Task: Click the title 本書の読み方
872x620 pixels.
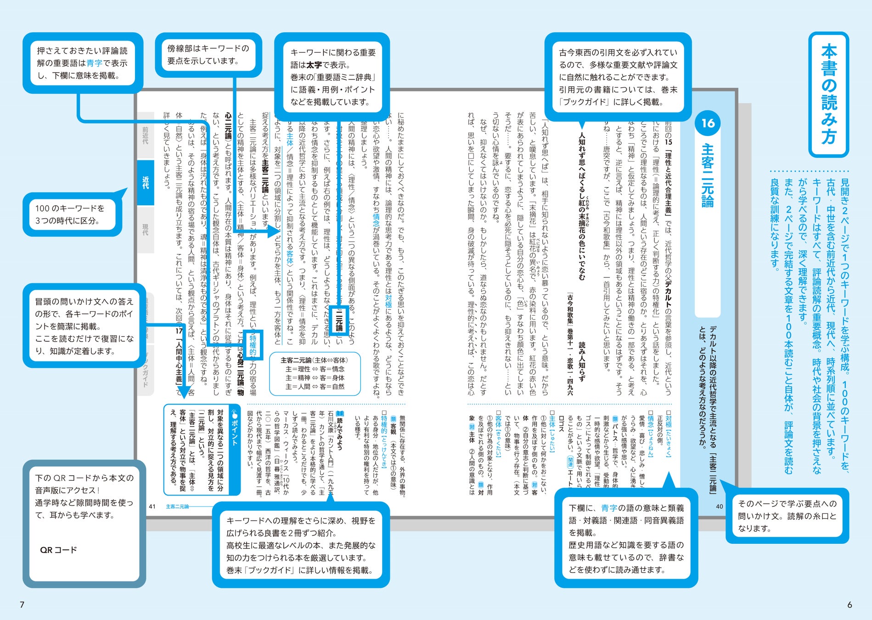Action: coord(828,95)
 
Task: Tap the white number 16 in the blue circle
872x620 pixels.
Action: coord(708,123)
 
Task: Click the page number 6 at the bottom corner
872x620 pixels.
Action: coord(849,605)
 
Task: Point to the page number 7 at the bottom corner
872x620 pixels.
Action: coord(22,605)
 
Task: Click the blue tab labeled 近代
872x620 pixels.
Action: coord(146,182)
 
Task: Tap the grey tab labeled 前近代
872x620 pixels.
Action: coord(146,135)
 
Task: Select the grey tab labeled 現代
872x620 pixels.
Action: coord(146,229)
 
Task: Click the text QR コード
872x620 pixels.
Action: coord(58,550)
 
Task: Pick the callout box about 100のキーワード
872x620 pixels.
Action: coord(72,214)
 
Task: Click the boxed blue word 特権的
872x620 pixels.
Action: coord(253,345)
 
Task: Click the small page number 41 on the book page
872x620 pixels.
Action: coord(152,507)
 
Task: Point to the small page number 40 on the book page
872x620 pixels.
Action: coord(719,507)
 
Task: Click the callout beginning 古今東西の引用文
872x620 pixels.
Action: coord(618,77)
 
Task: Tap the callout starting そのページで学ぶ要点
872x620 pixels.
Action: coord(787,516)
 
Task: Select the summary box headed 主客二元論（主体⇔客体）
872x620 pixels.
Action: coord(315,373)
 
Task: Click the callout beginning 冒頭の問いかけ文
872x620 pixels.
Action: coord(84,326)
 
